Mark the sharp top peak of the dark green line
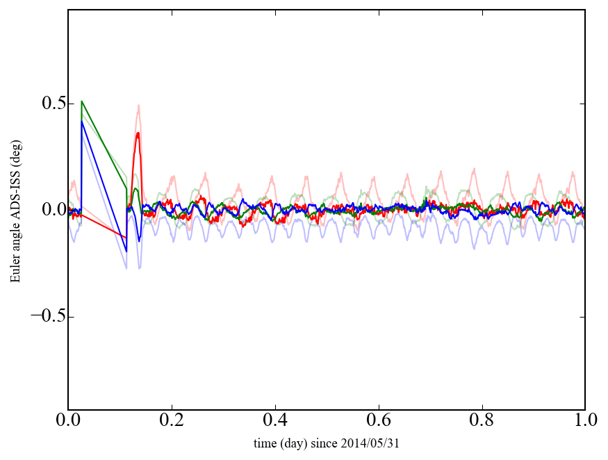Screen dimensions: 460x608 pos(82,101)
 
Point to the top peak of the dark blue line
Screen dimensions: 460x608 pos(82,121)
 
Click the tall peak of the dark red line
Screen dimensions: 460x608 pos(138,133)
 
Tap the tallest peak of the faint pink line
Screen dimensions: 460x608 pos(139,106)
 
